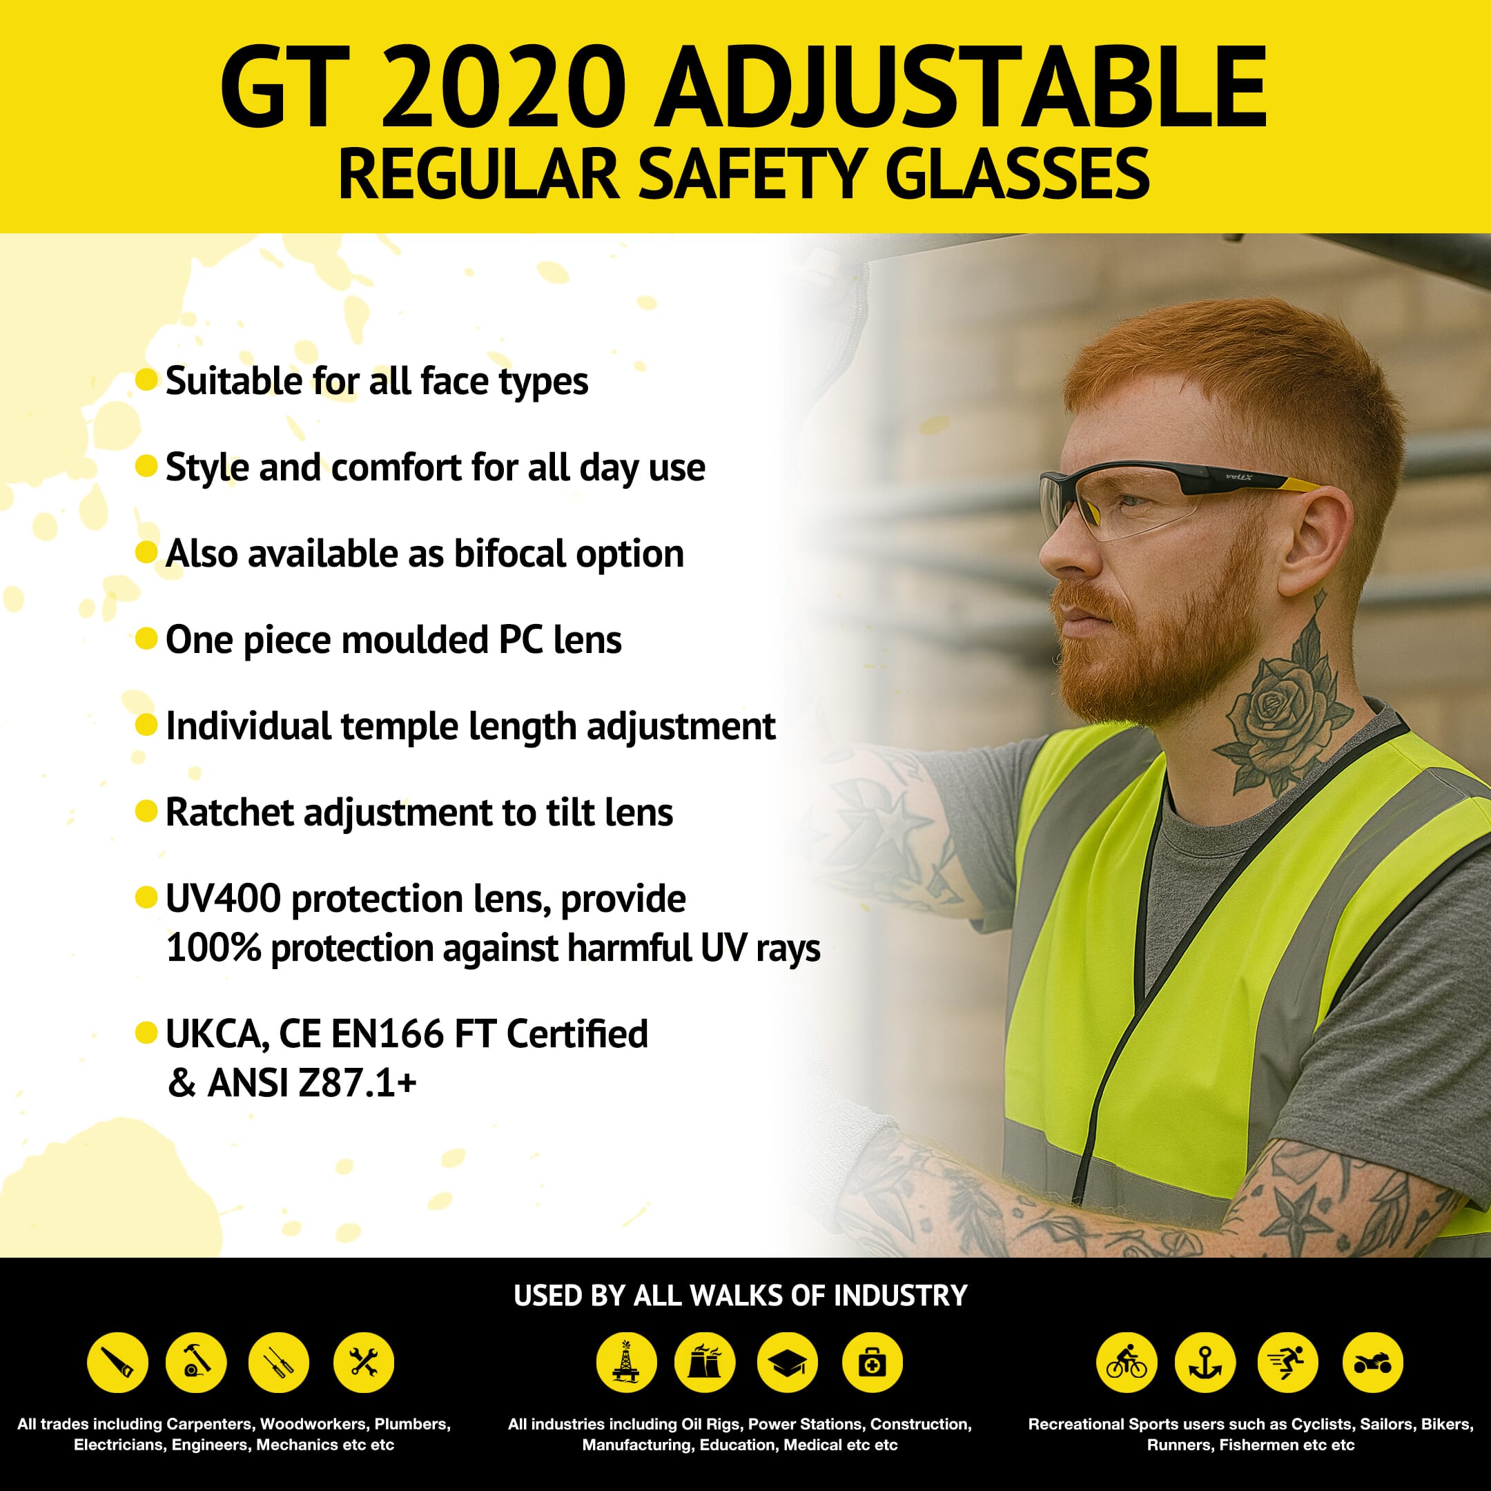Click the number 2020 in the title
(503, 87)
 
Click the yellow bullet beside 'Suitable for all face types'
(146, 380)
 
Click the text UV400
(223, 899)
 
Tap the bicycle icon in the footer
(1126, 1363)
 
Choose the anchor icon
(1205, 1363)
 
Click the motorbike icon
(1373, 1363)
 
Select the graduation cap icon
(786, 1363)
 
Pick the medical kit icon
(871, 1363)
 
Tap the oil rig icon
(626, 1363)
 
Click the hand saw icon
(117, 1363)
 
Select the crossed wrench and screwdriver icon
(364, 1363)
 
